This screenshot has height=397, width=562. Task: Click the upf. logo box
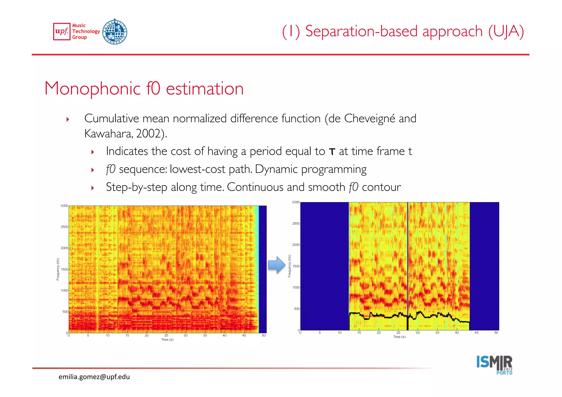coord(62,32)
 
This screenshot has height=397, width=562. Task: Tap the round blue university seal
coord(115,32)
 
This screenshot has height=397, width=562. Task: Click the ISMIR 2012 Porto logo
coord(494,365)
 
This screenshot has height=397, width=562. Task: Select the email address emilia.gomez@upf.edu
coord(94,377)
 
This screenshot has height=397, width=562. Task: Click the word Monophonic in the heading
coord(92,89)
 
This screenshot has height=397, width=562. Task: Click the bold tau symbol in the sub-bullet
coord(332,152)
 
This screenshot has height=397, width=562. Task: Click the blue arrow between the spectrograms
coord(277,265)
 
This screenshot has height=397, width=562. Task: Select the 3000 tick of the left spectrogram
coord(64,206)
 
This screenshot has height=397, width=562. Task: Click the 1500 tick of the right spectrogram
coord(296,266)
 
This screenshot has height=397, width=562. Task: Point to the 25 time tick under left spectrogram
coord(166,335)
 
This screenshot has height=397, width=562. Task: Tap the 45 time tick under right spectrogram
coord(476,333)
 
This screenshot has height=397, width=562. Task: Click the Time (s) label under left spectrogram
coord(167,340)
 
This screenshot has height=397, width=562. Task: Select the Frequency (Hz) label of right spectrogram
coord(289,266)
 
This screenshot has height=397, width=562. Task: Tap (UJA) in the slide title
coord(506,31)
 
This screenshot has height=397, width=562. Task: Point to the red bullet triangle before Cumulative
coord(68,119)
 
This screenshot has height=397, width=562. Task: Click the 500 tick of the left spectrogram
coord(65,312)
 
